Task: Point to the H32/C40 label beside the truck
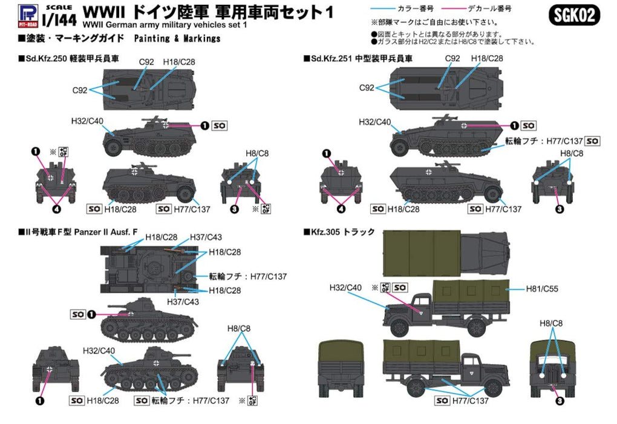tap(345, 287)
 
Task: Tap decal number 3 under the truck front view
tap(560, 400)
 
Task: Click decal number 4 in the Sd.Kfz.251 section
tap(341, 210)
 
